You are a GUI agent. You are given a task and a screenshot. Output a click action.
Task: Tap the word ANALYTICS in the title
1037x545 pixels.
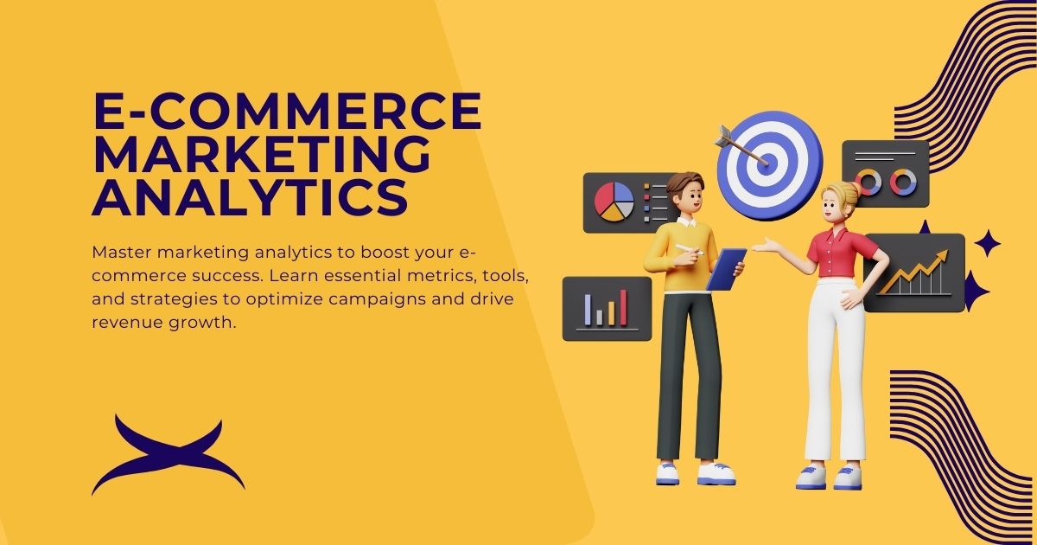(250, 197)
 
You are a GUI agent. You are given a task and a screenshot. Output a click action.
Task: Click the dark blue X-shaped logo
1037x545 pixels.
(168, 455)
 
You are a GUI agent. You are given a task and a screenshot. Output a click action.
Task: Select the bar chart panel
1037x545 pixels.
(607, 309)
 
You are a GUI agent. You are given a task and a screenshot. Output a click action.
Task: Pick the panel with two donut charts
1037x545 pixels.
(886, 174)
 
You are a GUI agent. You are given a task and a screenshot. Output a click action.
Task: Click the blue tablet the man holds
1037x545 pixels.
(726, 268)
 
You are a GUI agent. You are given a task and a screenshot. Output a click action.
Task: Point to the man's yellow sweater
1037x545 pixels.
(683, 260)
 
